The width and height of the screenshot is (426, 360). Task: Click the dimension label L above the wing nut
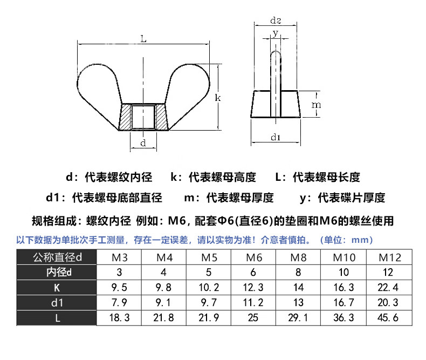pos(143,39)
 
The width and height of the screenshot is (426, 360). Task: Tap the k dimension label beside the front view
pos(218,97)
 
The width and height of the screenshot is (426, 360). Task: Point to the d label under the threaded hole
pos(143,142)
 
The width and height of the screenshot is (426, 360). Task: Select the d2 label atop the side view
pos(276,20)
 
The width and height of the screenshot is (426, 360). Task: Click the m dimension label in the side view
pos(316,105)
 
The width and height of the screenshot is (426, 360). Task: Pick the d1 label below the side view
pos(276,137)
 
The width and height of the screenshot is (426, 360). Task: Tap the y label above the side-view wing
pos(276,33)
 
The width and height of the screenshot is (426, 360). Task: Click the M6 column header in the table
pos(254,257)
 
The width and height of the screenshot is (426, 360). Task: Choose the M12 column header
pos(390,257)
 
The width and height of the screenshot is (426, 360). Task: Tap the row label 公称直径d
pos(57,257)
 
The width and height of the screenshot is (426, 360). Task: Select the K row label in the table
pos(57,288)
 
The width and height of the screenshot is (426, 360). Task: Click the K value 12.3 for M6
pos(253,287)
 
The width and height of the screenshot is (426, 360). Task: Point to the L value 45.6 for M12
pos(388,317)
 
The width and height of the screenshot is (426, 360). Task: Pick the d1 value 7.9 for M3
pos(119,302)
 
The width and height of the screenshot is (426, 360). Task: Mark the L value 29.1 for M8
pos(298,317)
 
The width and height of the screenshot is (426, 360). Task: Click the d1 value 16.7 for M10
pos(343,302)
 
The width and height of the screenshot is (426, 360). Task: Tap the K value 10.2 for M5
pos(209,287)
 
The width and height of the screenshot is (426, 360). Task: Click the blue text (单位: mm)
pos(346,240)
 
